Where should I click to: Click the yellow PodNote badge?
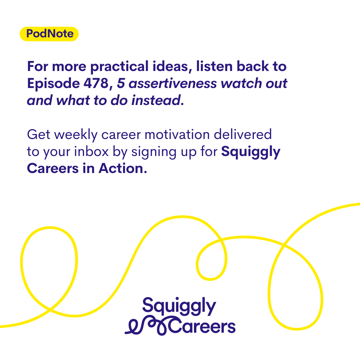(x=49, y=34)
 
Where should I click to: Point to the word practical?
(x=119, y=67)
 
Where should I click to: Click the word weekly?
(x=76, y=135)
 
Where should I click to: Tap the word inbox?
(x=91, y=152)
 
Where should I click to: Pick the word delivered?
(x=243, y=134)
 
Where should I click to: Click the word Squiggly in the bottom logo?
(x=179, y=306)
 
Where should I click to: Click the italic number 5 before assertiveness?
(x=121, y=83)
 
